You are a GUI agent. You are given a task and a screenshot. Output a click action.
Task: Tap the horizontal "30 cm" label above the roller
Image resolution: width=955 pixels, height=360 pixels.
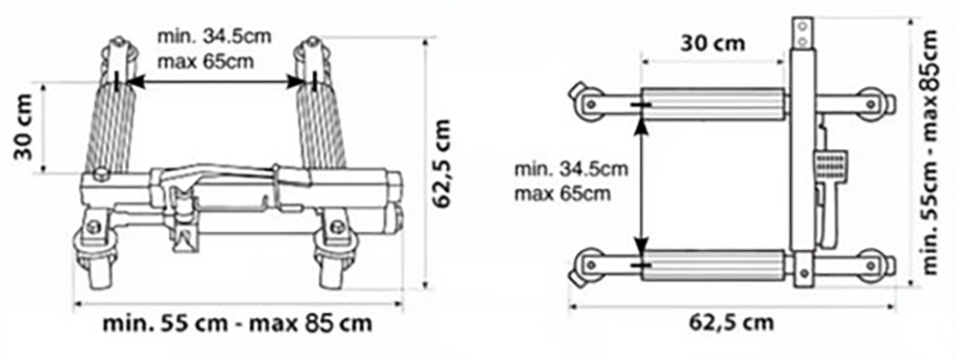(x=712, y=43)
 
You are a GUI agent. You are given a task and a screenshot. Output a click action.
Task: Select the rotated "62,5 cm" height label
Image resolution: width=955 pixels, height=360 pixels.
(x=442, y=162)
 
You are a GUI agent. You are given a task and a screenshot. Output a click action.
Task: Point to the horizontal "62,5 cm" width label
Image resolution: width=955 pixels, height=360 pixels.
(x=732, y=321)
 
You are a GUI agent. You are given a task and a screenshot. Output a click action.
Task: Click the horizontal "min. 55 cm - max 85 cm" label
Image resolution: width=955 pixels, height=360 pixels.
(x=237, y=323)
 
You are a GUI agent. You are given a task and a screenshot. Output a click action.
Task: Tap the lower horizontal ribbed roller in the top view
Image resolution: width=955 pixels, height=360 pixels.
(x=712, y=266)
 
